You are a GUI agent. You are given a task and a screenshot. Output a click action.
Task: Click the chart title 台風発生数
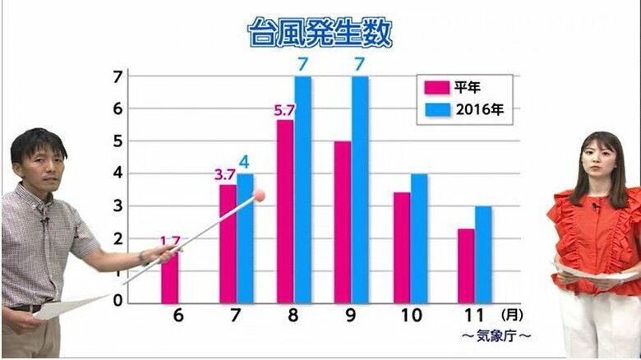[x=320, y=34]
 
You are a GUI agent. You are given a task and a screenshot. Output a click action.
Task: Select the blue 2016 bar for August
[x=303, y=189]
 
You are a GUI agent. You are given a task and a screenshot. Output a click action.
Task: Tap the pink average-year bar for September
[x=342, y=221]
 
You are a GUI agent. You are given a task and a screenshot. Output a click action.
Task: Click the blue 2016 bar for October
[x=419, y=238]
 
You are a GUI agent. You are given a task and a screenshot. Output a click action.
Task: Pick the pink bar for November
[x=465, y=265]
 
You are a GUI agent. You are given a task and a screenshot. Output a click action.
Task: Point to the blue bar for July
[x=245, y=238]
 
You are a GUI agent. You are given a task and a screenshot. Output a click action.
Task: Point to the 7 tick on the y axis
[x=118, y=76]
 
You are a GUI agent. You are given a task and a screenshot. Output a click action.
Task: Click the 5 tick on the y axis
[x=118, y=141]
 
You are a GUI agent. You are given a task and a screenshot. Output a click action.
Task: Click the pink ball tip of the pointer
[x=261, y=196]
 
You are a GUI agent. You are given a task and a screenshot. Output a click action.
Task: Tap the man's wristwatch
[x=145, y=257]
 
